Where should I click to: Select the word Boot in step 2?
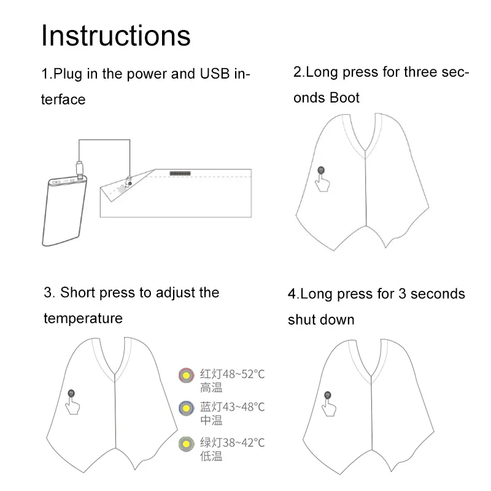click(344, 98)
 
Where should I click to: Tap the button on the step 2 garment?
click(320, 171)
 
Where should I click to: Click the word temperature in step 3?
click(83, 318)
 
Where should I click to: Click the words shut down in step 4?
click(321, 320)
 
